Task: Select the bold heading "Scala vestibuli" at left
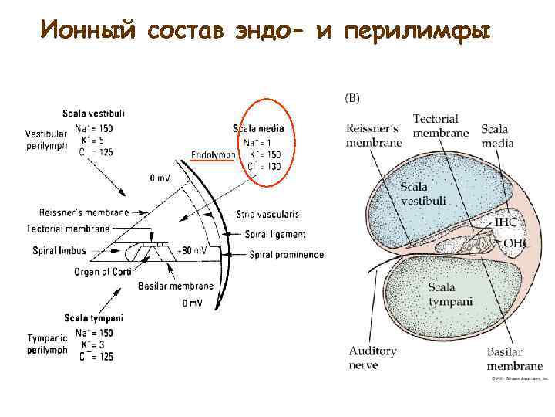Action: coord(95,114)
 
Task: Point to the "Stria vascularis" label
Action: coord(269,213)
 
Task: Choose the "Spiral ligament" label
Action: coord(274,234)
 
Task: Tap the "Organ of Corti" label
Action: coord(103,272)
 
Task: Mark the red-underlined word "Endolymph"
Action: coord(214,155)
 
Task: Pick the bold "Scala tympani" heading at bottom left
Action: coord(94,318)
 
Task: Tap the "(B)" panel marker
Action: coord(351,98)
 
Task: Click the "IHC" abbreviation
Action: coord(506,222)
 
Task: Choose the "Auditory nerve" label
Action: coord(372,358)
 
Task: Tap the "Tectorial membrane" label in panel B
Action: coord(440,126)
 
